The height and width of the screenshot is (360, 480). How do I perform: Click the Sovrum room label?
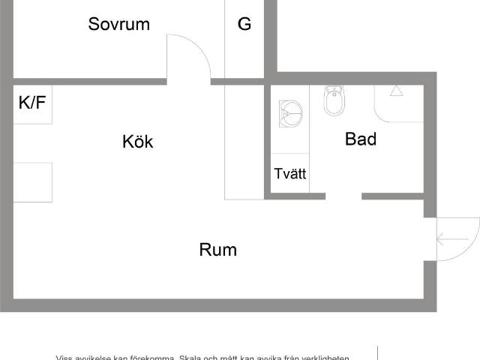tap(118, 24)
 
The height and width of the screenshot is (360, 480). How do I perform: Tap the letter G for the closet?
tap(244, 24)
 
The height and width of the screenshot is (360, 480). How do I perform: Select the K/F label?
tap(32, 103)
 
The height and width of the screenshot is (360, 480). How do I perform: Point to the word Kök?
tap(138, 141)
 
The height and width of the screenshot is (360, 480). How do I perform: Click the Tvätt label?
tap(290, 174)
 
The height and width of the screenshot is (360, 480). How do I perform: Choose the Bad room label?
tap(361, 139)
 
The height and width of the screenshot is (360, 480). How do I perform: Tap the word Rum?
tap(218, 250)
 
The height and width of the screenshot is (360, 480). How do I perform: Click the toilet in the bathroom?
tap(334, 100)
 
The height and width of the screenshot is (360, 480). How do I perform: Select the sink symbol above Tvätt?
tap(289, 113)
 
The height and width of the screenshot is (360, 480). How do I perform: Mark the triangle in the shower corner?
tap(396, 91)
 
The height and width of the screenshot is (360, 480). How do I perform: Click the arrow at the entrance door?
tap(451, 240)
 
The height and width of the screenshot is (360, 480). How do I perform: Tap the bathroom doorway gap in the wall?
tap(343, 196)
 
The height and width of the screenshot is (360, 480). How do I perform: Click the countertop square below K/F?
tap(32, 182)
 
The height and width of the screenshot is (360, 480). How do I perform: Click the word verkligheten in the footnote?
tap(325, 358)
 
